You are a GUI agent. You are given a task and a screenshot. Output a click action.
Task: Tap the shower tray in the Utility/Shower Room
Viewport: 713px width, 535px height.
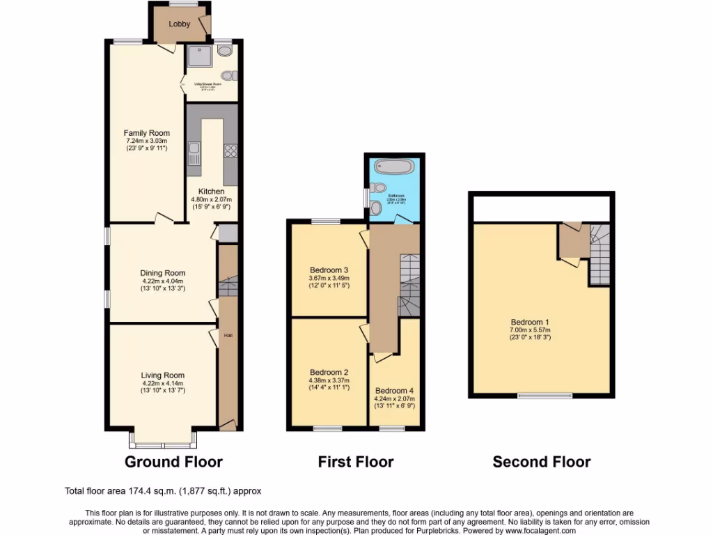point(200,56)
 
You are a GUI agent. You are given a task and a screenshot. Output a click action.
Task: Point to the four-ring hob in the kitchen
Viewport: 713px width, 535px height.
point(230,153)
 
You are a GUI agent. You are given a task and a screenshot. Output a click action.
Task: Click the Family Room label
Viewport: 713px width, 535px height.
point(146,133)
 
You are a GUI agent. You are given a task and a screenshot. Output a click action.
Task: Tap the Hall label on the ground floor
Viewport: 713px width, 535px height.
point(228,336)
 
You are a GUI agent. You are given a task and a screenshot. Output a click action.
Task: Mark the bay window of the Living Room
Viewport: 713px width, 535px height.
point(163,441)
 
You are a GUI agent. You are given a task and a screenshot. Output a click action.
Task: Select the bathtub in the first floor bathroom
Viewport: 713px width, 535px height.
point(394,167)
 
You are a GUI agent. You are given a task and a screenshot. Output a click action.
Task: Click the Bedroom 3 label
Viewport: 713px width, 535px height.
point(329,270)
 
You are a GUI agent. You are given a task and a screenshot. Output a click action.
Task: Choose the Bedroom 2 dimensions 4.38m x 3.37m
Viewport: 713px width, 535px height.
point(329,380)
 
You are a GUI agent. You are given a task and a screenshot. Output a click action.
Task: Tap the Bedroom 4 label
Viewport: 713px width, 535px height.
point(394,390)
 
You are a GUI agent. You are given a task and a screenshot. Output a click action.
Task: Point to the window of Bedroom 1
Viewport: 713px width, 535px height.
point(545,396)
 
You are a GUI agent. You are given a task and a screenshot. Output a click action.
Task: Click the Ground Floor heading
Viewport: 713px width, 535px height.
point(173,461)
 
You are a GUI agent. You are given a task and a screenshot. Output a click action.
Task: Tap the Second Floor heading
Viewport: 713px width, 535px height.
point(542,461)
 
